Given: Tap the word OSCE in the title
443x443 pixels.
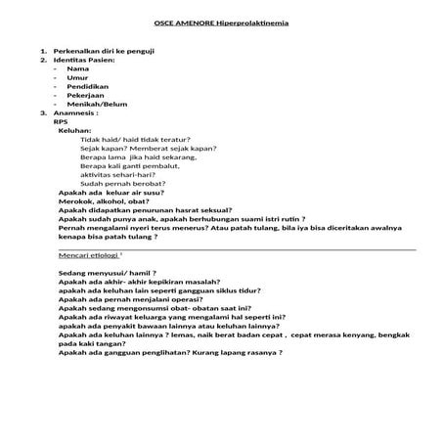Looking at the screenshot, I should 167,23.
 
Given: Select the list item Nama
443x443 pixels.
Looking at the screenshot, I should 79,69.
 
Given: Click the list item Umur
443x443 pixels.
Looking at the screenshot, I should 78,78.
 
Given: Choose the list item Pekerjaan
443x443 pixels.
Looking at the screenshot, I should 86,98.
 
